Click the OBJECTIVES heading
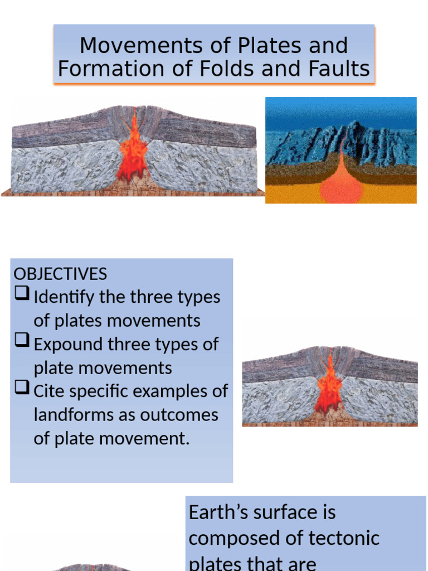point(60,274)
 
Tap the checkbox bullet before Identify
point(22,296)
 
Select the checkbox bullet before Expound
point(22,343)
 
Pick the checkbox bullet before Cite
point(22,390)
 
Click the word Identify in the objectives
point(64,297)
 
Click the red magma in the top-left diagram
point(133,151)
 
